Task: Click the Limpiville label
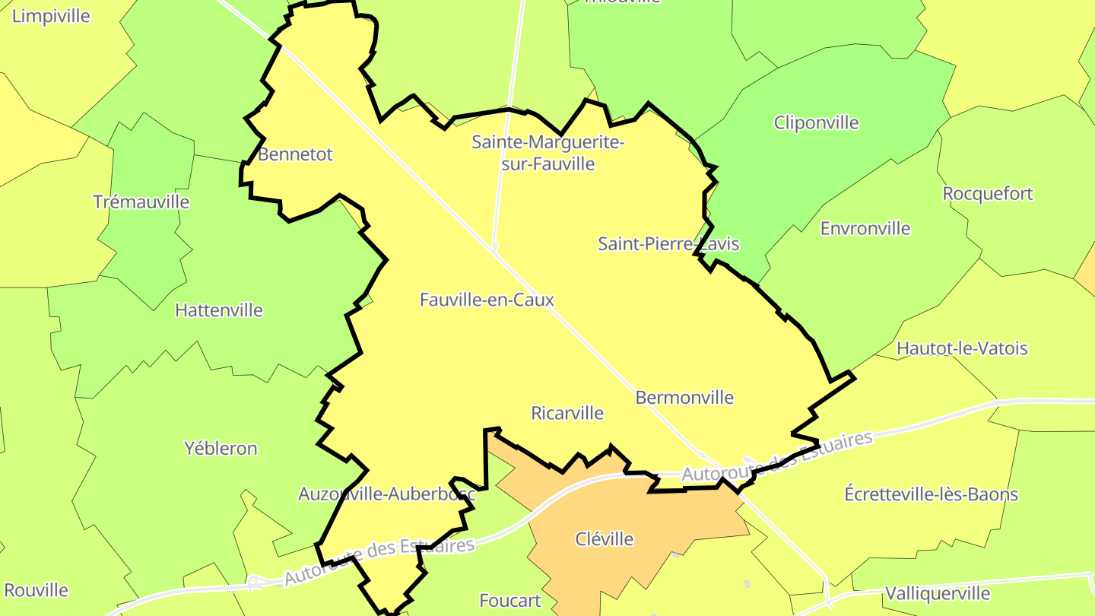(51, 16)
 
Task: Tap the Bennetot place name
(295, 154)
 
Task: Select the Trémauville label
(141, 202)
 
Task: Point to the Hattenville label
(218, 310)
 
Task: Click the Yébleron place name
(221, 449)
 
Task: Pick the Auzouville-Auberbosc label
(386, 494)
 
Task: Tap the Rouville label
(36, 590)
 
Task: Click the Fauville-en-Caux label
(487, 300)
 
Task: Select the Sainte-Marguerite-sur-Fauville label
(547, 153)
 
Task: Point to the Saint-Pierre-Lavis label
(668, 244)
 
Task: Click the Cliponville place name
(816, 122)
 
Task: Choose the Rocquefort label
(988, 194)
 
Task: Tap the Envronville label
(865, 228)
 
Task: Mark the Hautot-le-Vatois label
(962, 348)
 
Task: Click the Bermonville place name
(684, 397)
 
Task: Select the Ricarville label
(567, 413)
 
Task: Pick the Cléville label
(604, 539)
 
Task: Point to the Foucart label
(509, 601)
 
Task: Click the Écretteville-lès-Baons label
(931, 494)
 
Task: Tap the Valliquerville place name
(937, 593)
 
